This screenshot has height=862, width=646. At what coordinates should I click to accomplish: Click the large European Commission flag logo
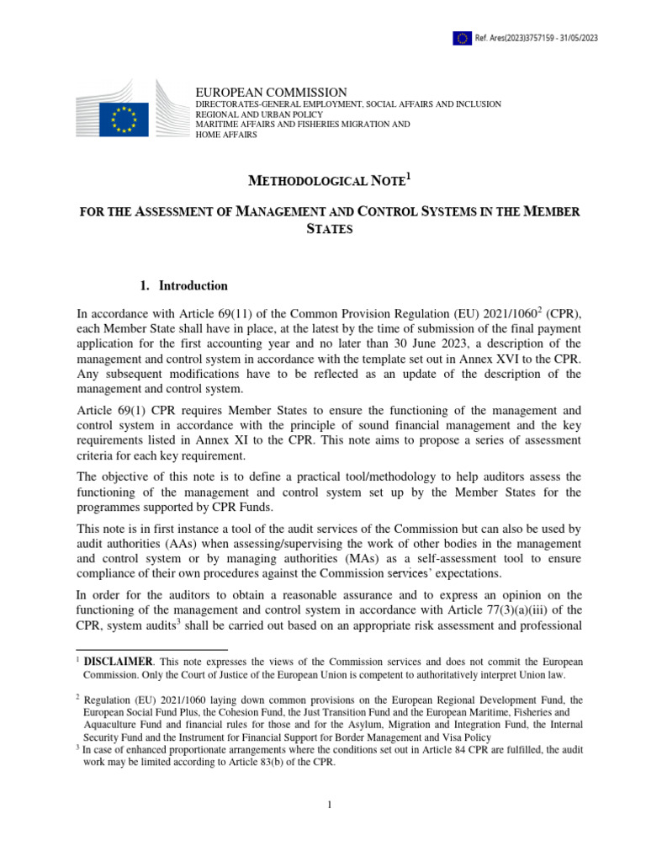[124, 119]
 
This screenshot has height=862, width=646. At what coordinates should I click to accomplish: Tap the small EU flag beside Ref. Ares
[462, 37]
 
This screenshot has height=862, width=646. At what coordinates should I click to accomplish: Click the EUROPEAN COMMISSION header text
[271, 92]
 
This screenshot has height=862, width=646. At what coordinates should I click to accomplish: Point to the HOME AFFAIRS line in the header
[226, 135]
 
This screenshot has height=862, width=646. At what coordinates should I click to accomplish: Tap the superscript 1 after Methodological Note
[410, 175]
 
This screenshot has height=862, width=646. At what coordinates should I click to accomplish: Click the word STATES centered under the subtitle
[328, 229]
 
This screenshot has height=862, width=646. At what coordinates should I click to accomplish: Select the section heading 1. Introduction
[185, 285]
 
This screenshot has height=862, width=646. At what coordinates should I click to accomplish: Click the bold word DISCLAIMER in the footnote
[118, 662]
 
